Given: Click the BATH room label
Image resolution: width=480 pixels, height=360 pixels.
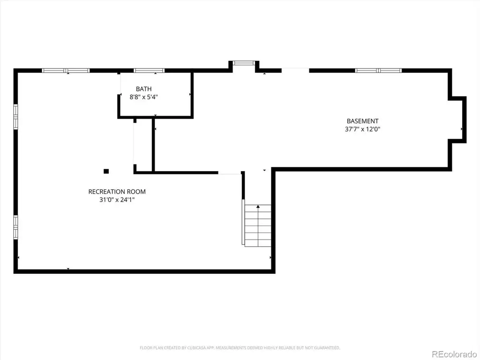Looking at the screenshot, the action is coord(143,89).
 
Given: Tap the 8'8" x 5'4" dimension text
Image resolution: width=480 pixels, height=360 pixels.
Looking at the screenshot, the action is coord(143,97).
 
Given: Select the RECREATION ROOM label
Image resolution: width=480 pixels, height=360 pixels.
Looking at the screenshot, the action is coord(117,192).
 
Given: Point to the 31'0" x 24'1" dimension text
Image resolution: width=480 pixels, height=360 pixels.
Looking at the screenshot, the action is coord(117,200).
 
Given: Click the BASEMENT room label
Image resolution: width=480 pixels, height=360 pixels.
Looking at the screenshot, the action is coord(362,121).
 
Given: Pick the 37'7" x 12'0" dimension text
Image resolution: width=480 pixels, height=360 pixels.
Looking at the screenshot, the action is coord(362,129).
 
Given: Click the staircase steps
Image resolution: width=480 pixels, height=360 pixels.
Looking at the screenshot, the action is coord(258,226).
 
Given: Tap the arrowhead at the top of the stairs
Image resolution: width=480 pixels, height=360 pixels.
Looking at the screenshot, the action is coord(258,207).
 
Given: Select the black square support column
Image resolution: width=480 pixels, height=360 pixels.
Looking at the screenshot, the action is coord(106,171).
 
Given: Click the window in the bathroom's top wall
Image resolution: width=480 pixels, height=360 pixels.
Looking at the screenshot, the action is coord(149,71).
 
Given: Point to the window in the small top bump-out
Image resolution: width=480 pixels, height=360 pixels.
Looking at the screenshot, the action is coord(244,63).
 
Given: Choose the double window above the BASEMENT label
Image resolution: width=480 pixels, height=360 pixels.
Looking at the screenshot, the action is coord(378,71).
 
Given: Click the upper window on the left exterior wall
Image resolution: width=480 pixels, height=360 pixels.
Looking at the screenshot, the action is coord(15,117).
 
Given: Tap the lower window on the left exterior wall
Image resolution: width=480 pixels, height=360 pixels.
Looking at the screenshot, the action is coord(15,227).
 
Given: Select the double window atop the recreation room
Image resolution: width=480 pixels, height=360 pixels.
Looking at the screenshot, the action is coord(66,71).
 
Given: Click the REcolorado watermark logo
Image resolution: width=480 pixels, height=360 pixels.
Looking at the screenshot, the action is coord(454,354).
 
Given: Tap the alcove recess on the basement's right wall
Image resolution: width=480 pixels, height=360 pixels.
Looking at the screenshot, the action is coord(457,120).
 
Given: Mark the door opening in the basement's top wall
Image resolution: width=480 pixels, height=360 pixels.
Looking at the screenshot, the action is coord(295,71).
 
